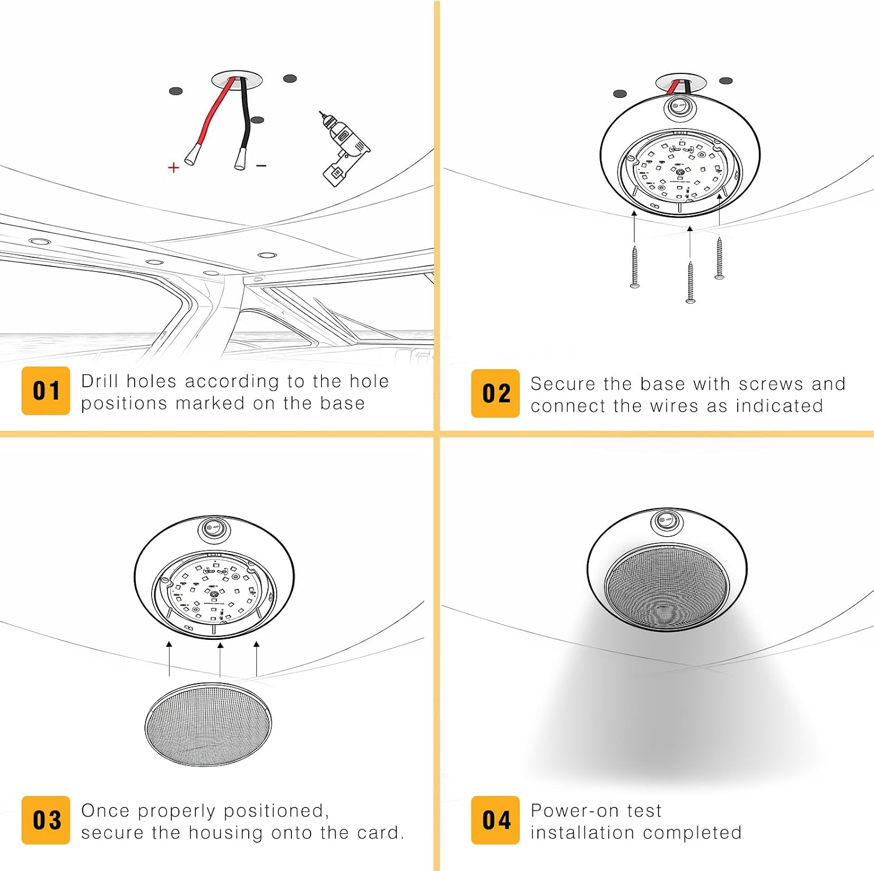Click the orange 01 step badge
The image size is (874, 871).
coord(45,391)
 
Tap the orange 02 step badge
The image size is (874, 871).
coord(495,394)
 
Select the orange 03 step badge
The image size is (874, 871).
coord(45,820)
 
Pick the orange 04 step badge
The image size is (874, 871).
coord(495,820)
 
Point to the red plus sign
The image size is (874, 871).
coord(173,168)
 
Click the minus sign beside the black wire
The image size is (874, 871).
coord(262,166)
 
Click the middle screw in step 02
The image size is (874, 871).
coord(690,282)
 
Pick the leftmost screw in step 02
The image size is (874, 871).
coord(635,267)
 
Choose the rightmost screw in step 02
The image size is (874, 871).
coord(720,258)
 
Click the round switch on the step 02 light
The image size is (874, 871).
coord(678,107)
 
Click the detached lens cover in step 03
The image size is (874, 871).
coord(208,724)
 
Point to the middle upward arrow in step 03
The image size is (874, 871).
coord(220,660)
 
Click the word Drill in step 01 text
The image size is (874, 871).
coord(100,381)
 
